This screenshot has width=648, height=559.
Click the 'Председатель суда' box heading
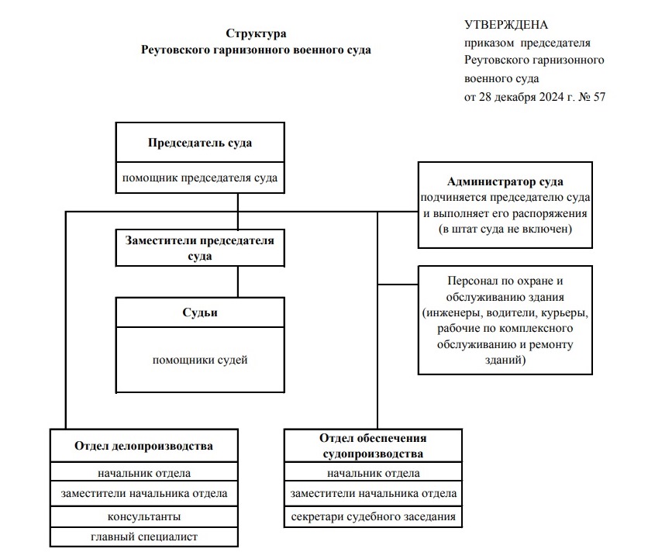tap(200, 143)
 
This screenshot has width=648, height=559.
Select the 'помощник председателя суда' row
tap(200, 178)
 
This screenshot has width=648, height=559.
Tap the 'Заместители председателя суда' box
tap(200, 247)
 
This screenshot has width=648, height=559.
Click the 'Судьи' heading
tap(200, 312)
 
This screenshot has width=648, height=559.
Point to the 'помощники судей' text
tap(200, 360)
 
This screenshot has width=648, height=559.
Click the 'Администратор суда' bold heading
tap(505, 181)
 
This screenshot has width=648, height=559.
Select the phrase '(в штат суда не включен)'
tap(505, 229)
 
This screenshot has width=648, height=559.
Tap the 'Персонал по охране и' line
tap(505, 281)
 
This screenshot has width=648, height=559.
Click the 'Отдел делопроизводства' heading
tap(144, 446)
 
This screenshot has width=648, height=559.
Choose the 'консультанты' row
tap(144, 517)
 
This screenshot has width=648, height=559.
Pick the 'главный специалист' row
tap(144, 537)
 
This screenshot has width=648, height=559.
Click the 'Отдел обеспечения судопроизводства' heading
tap(373, 446)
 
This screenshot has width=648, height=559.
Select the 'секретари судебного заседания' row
tap(373, 517)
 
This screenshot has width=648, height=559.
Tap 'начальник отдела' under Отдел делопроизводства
tap(144, 473)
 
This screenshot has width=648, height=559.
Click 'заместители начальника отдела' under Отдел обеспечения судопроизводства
tap(373, 493)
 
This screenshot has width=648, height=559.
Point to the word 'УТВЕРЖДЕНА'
tap(506, 25)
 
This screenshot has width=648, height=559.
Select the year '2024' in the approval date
tap(551, 97)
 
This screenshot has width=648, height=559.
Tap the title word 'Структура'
tap(256, 33)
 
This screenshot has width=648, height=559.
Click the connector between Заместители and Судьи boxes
tap(238, 281)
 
